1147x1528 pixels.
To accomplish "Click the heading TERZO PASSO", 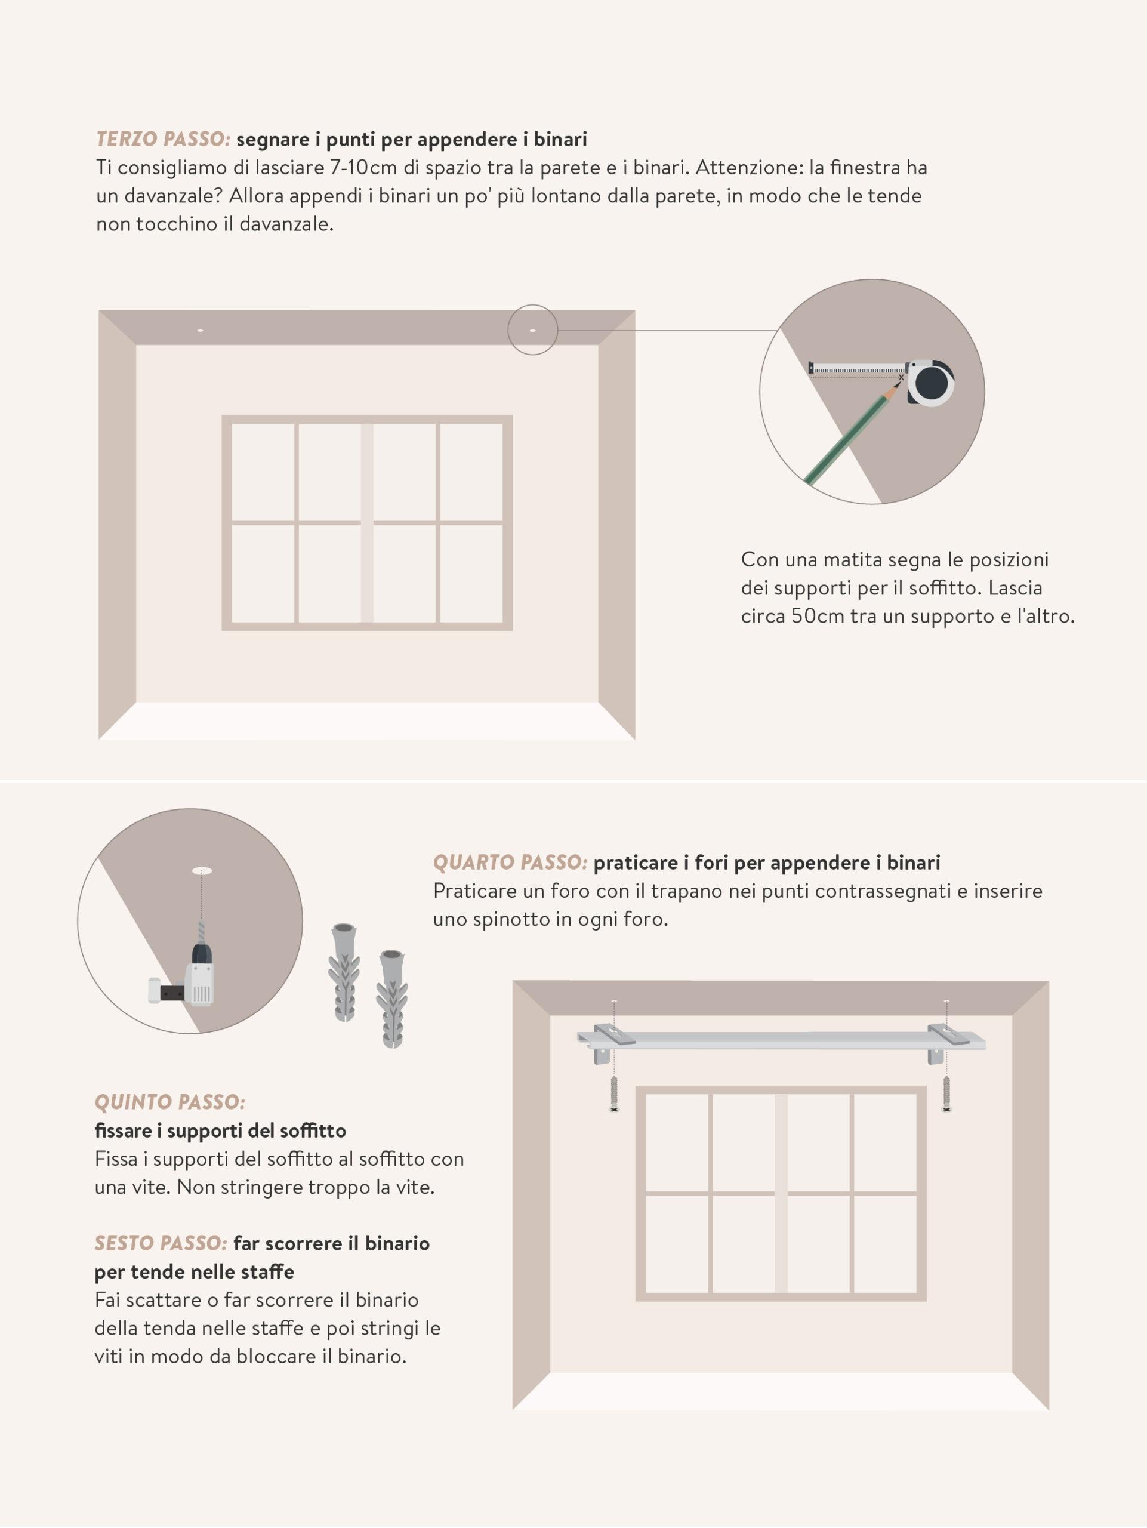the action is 163,140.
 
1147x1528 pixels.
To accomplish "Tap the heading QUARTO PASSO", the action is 510,862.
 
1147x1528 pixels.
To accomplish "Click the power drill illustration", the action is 186,971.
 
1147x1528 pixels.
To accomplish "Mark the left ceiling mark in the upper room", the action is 201,331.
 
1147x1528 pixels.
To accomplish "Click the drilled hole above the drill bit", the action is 202,871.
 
